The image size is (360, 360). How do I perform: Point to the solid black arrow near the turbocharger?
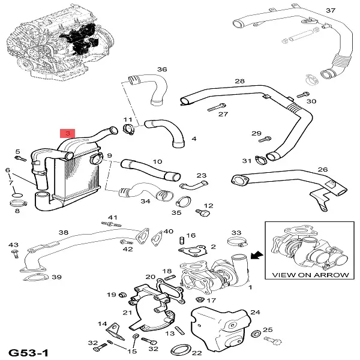(x=257, y=256)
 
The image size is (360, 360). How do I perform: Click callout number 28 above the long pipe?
(x=240, y=81)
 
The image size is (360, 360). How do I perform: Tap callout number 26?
(x=322, y=170)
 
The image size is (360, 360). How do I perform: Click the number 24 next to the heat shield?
(x=254, y=312)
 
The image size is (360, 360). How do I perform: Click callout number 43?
(x=13, y=245)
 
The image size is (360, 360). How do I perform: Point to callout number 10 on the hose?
(x=157, y=162)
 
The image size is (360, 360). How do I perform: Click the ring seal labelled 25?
(x=256, y=334)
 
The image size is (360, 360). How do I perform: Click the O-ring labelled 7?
(x=17, y=196)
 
